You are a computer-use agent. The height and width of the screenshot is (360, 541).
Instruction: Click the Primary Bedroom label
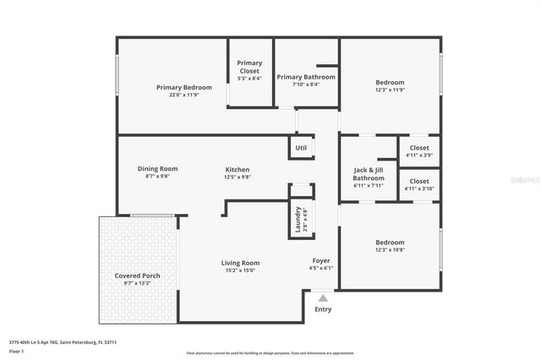(x=183, y=87)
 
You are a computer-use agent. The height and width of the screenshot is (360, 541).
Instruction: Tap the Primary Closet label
(x=249, y=67)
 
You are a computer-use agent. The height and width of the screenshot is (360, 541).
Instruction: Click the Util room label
(x=301, y=148)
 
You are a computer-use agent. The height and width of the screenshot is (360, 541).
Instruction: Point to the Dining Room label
(x=157, y=168)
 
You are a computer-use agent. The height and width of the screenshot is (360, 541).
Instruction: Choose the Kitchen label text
(x=237, y=169)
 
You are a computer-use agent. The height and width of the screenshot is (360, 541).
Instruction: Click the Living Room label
(x=240, y=263)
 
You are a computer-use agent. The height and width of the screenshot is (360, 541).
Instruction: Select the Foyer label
(x=320, y=260)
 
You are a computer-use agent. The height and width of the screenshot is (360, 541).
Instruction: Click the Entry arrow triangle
(x=322, y=297)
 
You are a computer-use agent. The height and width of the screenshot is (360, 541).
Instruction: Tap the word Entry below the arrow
(x=323, y=309)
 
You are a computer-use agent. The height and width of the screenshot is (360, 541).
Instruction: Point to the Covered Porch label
(x=137, y=276)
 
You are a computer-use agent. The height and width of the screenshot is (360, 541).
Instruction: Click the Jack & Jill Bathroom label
(x=369, y=174)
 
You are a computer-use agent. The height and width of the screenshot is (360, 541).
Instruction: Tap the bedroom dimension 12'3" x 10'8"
(x=390, y=250)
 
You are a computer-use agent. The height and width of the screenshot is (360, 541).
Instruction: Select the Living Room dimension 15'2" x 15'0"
(x=240, y=270)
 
